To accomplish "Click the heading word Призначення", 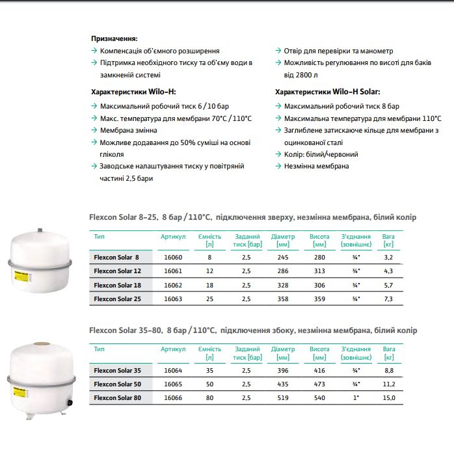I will [114, 38].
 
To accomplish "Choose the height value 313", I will [319, 271].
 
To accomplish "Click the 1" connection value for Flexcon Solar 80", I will [355, 397].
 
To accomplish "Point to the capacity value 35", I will [209, 371].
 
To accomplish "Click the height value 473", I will [319, 384].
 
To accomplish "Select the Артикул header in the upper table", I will [174, 237].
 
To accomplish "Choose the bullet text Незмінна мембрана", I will [316, 166].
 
